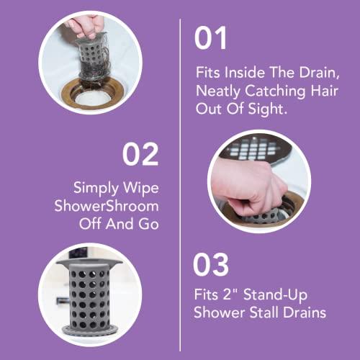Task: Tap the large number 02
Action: (x=140, y=154)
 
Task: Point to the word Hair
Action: (x=315, y=91)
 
